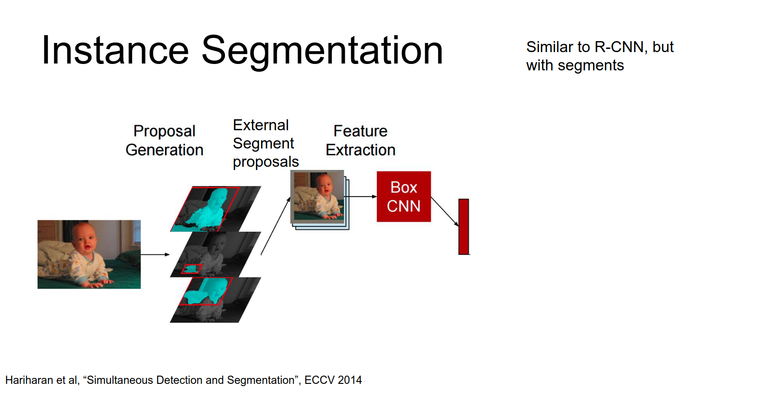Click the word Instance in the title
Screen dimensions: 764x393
[115, 50]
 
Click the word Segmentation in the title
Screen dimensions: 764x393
[322, 52]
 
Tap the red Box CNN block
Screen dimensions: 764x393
[404, 196]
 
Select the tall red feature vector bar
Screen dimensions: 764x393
[464, 227]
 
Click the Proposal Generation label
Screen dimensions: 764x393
[165, 140]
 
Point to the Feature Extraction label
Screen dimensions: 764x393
[361, 140]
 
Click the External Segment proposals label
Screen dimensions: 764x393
[266, 143]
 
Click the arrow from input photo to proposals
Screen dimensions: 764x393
[155, 254]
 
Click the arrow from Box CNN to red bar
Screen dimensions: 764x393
[445, 211]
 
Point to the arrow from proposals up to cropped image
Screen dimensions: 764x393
[276, 226]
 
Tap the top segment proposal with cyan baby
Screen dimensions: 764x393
[215, 208]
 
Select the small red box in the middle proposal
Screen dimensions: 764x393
[192, 269]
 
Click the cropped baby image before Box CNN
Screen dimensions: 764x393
[317, 196]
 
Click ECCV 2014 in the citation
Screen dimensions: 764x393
[333, 380]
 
